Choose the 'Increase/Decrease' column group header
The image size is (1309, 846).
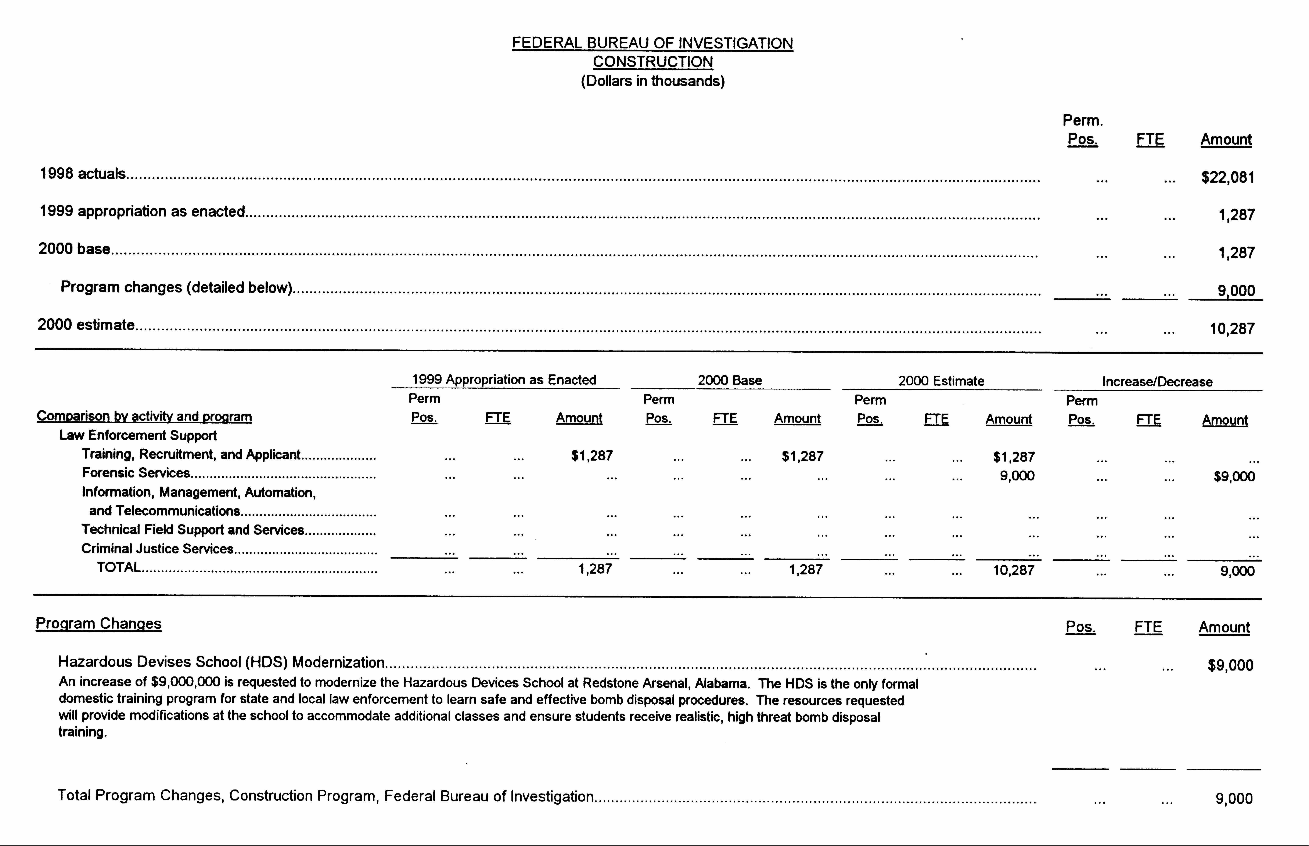coord(1157,382)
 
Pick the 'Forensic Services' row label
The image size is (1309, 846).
coord(136,473)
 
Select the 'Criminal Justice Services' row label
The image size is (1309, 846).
coord(157,549)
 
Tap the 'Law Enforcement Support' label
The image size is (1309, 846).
coord(138,436)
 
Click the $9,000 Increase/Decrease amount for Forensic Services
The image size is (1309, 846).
coord(1234,476)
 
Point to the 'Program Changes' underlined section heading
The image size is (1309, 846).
coord(98,624)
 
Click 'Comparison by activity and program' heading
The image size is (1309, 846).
coord(144,416)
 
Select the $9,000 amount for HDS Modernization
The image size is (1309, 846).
coord(1230,665)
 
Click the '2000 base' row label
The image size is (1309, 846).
coord(74,249)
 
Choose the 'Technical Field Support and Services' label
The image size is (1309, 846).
coord(192,530)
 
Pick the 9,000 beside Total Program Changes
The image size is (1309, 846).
coord(1234,798)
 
